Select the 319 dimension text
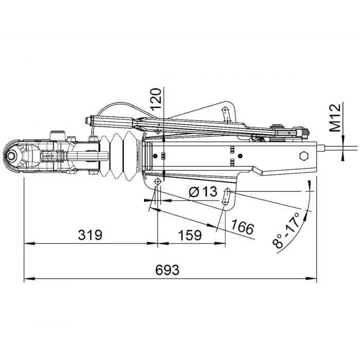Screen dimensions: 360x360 click(90, 235)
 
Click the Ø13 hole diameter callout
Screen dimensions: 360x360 click(203, 192)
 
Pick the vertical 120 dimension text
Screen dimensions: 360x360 click(157, 100)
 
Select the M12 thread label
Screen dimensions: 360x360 click(335, 118)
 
